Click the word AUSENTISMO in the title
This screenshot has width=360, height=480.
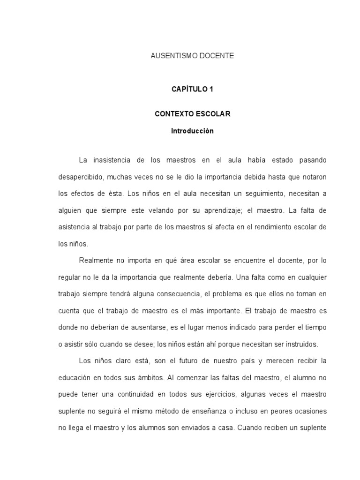[171, 56]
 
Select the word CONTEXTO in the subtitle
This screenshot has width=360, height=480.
[172, 114]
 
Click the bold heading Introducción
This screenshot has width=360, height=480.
[192, 131]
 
